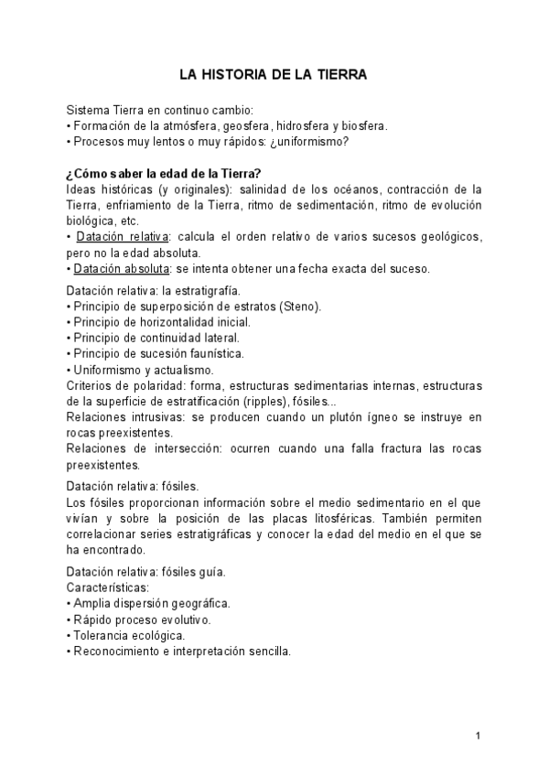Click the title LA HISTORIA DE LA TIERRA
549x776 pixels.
click(x=273, y=76)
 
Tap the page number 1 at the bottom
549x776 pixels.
click(x=479, y=735)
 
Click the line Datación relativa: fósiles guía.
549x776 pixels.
click(x=146, y=573)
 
